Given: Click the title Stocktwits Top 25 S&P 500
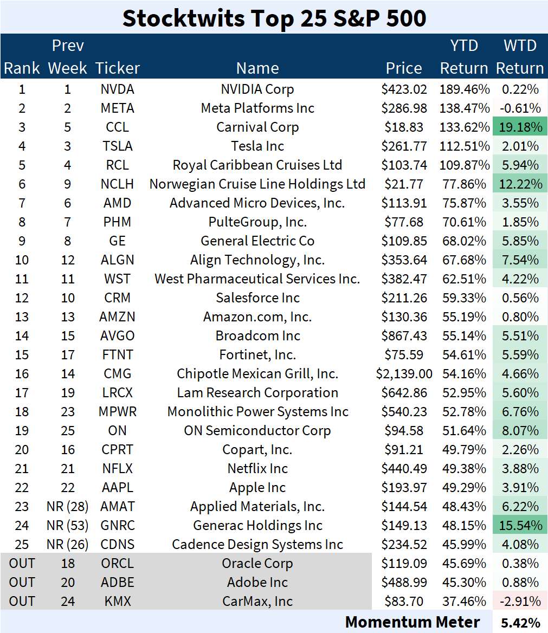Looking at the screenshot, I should (x=274, y=17).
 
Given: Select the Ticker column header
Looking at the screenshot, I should (x=118, y=68).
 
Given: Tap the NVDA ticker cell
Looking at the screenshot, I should (x=118, y=89).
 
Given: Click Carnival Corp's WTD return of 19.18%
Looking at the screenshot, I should (x=520, y=127).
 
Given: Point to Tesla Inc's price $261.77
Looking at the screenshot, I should (x=404, y=146).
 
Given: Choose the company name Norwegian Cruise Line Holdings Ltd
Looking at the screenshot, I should (x=257, y=184).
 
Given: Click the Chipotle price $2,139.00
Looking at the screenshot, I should (x=404, y=374).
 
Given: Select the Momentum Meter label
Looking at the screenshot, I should (x=412, y=622).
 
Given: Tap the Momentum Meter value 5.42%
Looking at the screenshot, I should (x=520, y=622).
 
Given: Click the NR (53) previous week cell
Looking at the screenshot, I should (x=68, y=526).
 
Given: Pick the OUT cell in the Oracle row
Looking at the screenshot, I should (x=22, y=564).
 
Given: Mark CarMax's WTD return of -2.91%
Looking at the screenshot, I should (x=520, y=602).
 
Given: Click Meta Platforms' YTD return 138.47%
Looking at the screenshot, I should (x=464, y=108).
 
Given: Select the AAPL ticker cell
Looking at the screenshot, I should (x=118, y=488).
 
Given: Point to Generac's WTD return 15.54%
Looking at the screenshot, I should (x=520, y=526).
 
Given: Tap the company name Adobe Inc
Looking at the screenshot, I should (x=257, y=583).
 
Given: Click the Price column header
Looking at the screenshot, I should (x=404, y=68).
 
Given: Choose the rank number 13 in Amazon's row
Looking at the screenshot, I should (x=22, y=317).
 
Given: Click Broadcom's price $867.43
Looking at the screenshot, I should (x=404, y=336).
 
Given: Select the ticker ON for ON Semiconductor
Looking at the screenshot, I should (x=118, y=431).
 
